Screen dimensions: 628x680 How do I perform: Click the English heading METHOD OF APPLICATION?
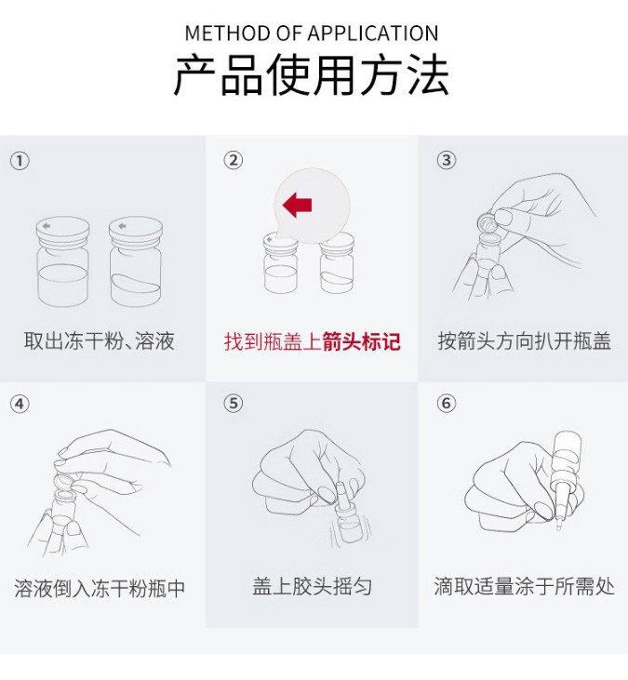click(x=312, y=33)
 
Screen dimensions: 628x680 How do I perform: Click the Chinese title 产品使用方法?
click(x=312, y=75)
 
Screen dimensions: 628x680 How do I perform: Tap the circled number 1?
click(x=20, y=161)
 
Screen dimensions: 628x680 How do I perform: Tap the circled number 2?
click(x=234, y=160)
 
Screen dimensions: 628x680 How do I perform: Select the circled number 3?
click(x=447, y=160)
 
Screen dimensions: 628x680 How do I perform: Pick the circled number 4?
click(x=20, y=404)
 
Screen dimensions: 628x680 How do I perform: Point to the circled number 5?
click(x=234, y=404)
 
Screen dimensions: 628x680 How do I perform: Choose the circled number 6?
click(x=447, y=404)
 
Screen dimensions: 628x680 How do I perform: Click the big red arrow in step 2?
click(x=297, y=206)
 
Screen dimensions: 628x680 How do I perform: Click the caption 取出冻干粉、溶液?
click(x=100, y=340)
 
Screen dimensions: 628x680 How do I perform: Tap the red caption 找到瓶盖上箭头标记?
click(x=313, y=341)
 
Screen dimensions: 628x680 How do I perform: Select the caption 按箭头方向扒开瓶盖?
click(x=525, y=340)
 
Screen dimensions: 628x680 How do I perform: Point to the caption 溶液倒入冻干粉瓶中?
click(x=100, y=588)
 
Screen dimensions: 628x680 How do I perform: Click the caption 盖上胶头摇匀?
click(x=313, y=586)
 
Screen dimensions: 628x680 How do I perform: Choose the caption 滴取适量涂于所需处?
click(x=525, y=586)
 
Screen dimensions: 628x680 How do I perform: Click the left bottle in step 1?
click(x=63, y=261)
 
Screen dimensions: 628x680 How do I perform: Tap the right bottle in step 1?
click(x=136, y=261)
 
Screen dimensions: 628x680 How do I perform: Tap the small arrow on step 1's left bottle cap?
click(x=47, y=225)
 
